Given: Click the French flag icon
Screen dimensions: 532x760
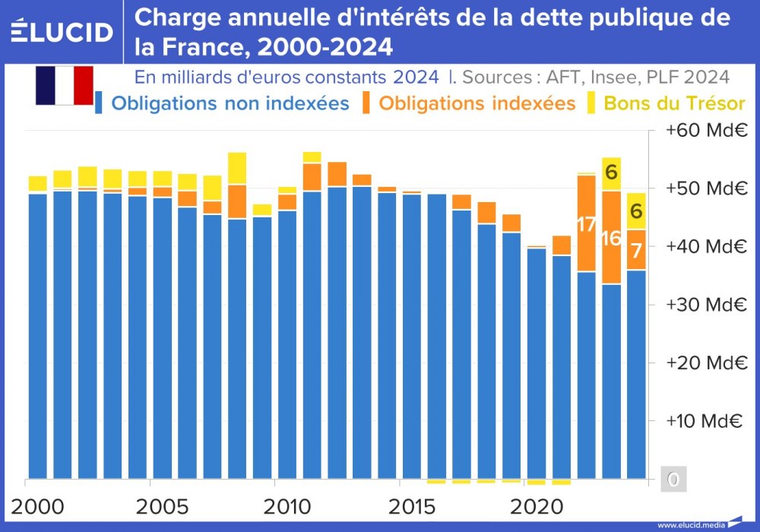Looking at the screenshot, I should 64,85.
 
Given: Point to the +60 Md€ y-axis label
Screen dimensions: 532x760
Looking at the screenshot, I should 703,130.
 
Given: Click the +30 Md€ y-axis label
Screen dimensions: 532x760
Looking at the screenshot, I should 703,305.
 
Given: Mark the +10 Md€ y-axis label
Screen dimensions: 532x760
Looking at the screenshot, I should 703,421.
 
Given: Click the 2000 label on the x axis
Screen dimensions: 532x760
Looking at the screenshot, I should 36,505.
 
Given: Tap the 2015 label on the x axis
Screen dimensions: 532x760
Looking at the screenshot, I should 410,505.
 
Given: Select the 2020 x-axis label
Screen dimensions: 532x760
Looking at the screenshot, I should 534,505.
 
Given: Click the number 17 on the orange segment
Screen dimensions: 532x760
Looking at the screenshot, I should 586,226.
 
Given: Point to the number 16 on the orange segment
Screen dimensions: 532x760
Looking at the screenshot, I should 611,238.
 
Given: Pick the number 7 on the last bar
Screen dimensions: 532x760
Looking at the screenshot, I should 637,250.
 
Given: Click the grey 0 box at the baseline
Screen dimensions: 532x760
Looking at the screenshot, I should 673,480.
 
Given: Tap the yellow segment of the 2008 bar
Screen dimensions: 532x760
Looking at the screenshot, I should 237,168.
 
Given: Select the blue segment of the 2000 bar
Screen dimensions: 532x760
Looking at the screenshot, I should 37,334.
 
